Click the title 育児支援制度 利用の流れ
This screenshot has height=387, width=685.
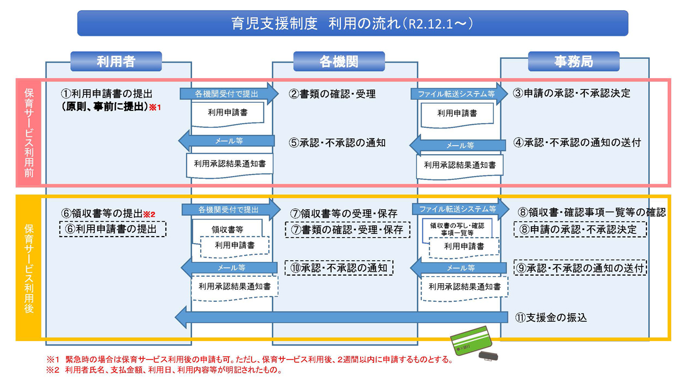coord(352,24)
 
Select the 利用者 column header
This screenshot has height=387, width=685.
coord(116,62)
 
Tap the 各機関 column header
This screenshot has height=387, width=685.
coord(339,62)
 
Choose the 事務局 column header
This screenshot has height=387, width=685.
coord(573,62)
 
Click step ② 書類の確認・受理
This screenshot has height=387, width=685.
coord(332,94)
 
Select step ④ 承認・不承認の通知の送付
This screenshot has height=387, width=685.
coord(577,143)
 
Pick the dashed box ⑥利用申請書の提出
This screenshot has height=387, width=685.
coord(112,229)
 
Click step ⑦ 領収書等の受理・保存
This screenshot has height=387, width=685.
coord(344,214)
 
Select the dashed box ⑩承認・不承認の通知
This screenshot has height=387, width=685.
coord(339,268)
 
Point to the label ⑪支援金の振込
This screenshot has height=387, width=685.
coord(551,317)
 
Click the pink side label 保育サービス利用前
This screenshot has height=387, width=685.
coord(29,133)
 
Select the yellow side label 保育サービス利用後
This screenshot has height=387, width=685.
coord(29,268)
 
